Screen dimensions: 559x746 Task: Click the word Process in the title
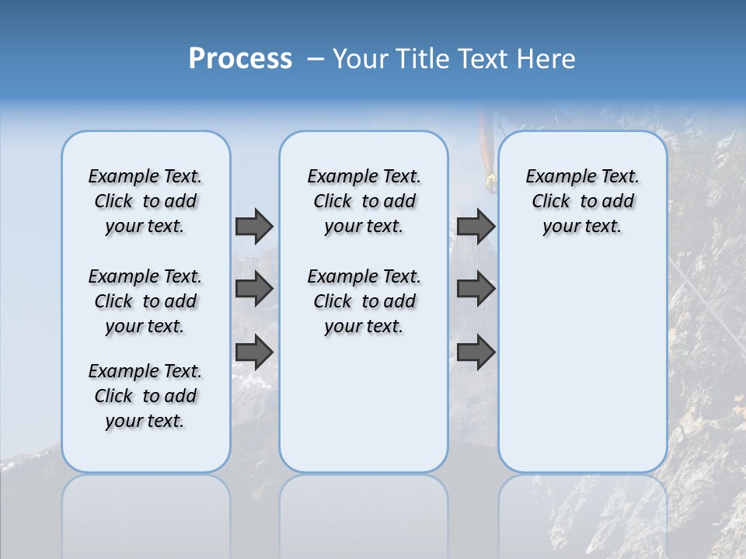point(240,59)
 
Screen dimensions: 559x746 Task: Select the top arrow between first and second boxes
point(254,226)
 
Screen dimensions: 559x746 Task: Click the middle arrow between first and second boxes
point(254,289)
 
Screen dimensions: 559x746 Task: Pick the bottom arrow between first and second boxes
point(254,352)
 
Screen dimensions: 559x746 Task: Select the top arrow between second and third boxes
point(476,226)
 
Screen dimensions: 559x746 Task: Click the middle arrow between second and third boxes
point(476,289)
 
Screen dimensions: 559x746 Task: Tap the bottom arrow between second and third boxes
point(476,352)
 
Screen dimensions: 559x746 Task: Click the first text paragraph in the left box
point(145,201)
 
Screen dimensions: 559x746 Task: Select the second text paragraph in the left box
point(145,301)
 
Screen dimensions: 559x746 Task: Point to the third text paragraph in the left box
point(145,396)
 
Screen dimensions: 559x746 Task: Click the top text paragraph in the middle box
point(364,201)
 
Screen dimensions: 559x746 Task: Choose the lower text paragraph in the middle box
point(364,301)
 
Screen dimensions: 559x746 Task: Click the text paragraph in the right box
point(582,201)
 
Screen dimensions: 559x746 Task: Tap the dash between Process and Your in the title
point(315,60)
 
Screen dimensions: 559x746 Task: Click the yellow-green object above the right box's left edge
point(490,182)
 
